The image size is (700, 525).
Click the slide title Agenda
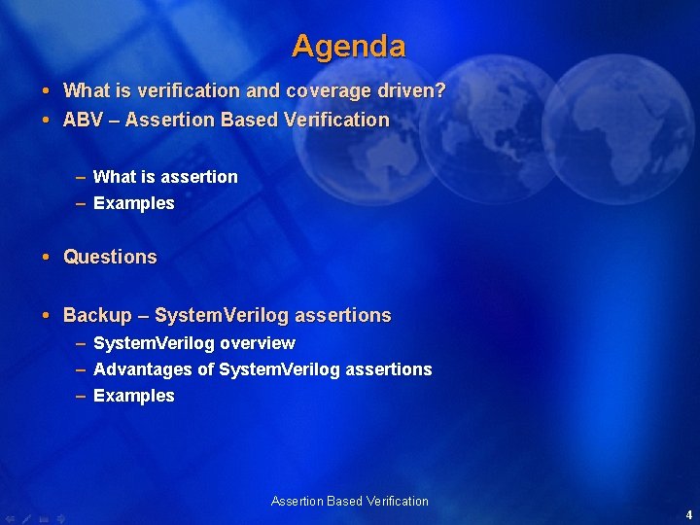point(348,46)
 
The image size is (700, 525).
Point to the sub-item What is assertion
point(164,177)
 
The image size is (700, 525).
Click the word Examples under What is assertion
point(133,203)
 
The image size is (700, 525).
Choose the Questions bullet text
point(110,258)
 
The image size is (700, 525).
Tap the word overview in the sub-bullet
point(258,343)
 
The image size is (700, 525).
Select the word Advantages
point(143,369)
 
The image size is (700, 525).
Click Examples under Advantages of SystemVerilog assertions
point(133,396)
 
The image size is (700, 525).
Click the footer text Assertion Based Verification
point(349,502)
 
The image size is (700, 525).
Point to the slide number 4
point(688,515)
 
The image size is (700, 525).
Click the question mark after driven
point(440,91)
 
